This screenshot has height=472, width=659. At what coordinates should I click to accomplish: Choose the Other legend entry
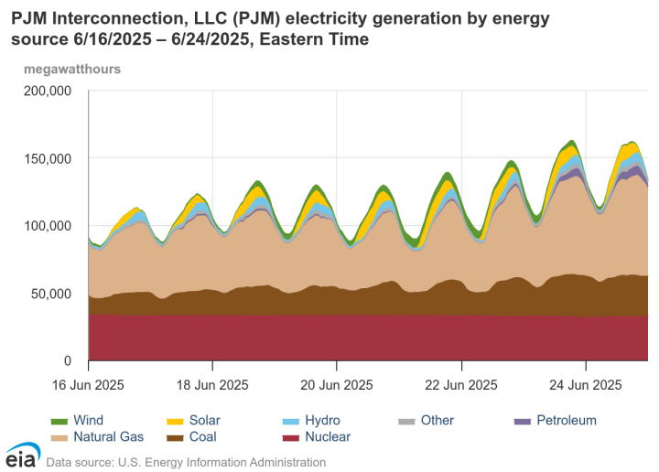point(437,421)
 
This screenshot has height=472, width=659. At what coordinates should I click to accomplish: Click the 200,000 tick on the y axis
point(47,91)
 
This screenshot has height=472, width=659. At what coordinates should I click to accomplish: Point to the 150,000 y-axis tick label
point(47,158)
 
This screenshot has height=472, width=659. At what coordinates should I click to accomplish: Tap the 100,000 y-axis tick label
point(47,226)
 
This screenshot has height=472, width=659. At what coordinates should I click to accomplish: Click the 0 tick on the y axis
point(66,361)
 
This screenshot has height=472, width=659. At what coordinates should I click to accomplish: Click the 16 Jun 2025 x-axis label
point(88,384)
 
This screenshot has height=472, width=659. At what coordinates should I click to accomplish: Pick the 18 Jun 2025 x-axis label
point(212,384)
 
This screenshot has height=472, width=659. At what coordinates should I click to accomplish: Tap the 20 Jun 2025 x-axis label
point(337,384)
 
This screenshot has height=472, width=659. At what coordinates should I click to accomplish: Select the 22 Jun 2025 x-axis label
point(461,384)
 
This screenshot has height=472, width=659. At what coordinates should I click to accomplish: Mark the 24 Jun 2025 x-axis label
point(586,384)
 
